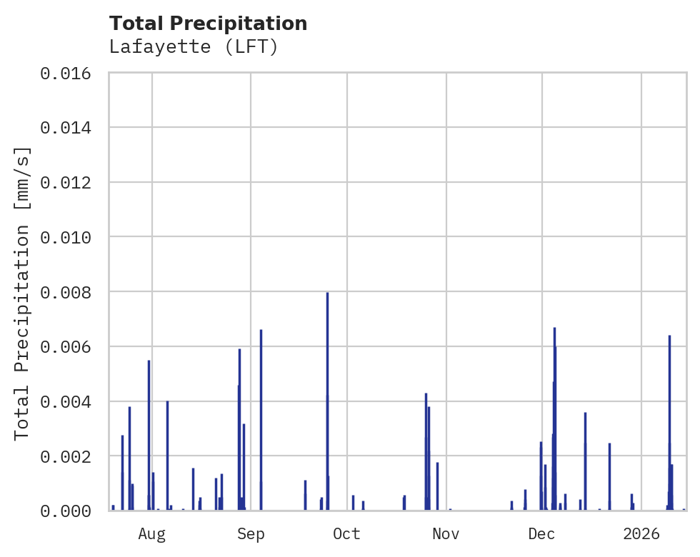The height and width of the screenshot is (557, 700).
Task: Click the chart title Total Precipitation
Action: tap(208, 24)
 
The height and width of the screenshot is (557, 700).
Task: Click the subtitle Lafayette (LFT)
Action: tap(193, 47)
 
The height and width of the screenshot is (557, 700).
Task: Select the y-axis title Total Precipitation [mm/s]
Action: tap(22, 292)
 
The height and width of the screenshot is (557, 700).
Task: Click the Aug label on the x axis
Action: tap(152, 533)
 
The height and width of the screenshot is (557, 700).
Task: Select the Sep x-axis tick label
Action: tap(251, 533)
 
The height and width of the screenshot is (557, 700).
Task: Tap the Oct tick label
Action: tap(346, 533)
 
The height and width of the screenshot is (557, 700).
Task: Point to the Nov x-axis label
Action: tap(446, 533)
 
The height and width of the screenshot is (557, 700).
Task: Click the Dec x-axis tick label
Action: tap(541, 533)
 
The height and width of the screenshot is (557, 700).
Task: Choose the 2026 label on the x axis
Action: tap(641, 533)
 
